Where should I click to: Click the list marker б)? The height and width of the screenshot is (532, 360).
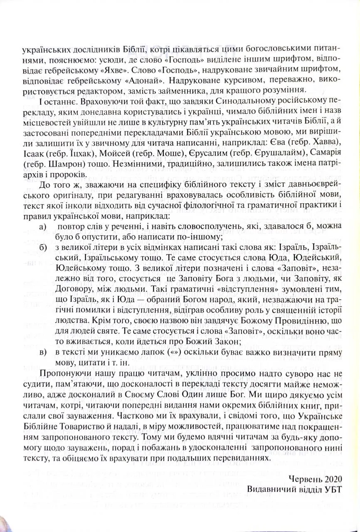pos(42,248)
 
